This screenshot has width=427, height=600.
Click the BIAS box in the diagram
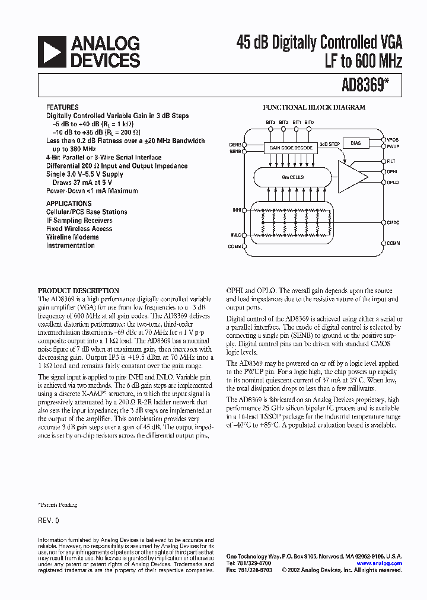click(355, 143)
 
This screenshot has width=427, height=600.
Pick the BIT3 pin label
click(270, 122)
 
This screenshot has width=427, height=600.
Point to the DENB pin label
click(235, 144)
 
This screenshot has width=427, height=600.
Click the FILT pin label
click(391, 161)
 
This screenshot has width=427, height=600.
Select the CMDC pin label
click(393, 222)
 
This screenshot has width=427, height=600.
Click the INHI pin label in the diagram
click(237, 210)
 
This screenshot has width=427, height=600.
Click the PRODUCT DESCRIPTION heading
click(78, 291)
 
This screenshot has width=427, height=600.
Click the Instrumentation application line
click(70, 245)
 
